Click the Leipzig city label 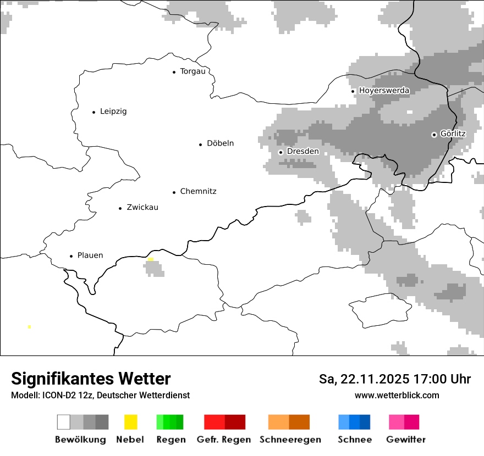coord(113,112)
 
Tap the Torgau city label coord(193,71)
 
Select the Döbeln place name coord(220,143)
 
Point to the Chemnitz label coord(198,192)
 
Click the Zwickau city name coord(142,208)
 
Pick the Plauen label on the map coord(90,255)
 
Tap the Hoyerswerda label coord(384,91)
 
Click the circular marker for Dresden coord(280,152)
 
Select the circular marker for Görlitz coord(434,135)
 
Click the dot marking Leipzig coord(94,112)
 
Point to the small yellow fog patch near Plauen coord(151,259)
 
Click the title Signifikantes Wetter coord(91,379)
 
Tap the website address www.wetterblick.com coord(397,396)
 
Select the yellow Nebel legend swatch coord(130,422)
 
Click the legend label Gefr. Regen coord(224,440)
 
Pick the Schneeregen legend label coord(290,440)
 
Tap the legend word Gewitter coord(406,440)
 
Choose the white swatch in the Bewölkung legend coord(64,422)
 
